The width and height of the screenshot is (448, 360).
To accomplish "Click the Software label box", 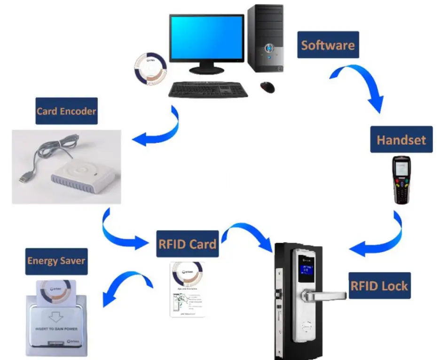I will [328, 45].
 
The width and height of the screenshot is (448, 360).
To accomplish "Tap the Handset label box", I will [401, 140].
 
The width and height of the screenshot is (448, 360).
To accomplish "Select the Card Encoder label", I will [66, 111].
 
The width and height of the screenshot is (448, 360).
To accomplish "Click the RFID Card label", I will [188, 244].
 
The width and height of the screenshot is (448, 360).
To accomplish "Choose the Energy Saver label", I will [56, 261].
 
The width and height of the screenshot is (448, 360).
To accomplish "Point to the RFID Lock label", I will [379, 286].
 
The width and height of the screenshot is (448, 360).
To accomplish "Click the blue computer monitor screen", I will [207, 38].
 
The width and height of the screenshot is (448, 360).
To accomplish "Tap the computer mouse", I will [268, 87].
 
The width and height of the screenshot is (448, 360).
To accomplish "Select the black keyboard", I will [208, 89].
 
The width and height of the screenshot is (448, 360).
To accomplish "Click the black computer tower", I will [266, 38].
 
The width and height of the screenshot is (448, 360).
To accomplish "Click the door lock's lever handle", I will [324, 296].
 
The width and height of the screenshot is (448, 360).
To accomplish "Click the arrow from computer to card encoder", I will [160, 129].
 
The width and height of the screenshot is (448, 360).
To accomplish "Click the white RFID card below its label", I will [188, 290].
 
